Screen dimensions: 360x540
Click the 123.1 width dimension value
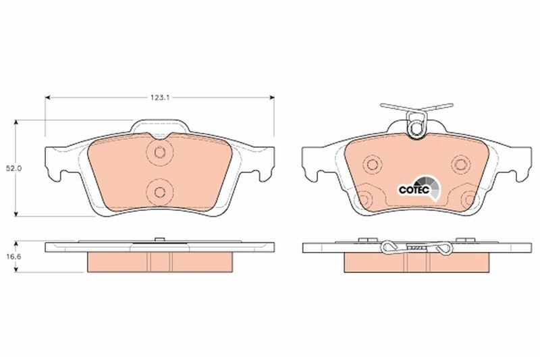[159, 98]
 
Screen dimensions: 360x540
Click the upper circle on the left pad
[159, 152]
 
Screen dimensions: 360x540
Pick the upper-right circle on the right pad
[461, 163]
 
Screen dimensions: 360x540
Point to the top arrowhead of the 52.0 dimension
[16, 123]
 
